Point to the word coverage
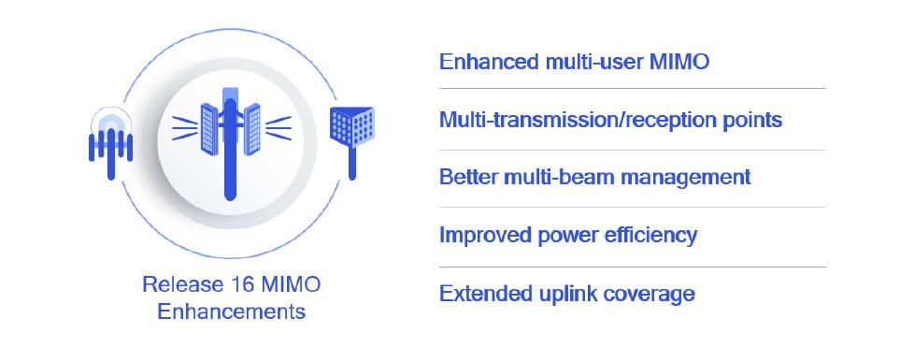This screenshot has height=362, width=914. click(648, 294)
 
